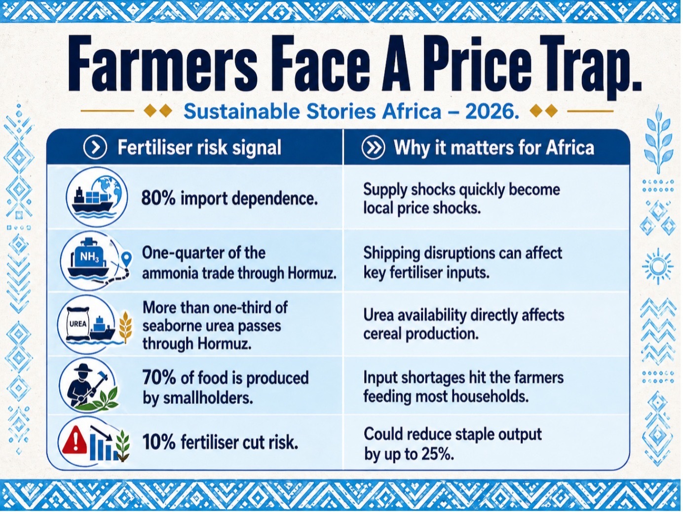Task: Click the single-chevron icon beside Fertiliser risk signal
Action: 95,147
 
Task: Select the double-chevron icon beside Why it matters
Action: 373,147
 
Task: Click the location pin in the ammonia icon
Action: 127,258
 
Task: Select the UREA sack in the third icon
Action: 78,324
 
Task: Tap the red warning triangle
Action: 74,439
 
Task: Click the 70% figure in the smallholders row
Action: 159,378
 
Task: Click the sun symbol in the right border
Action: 657,266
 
